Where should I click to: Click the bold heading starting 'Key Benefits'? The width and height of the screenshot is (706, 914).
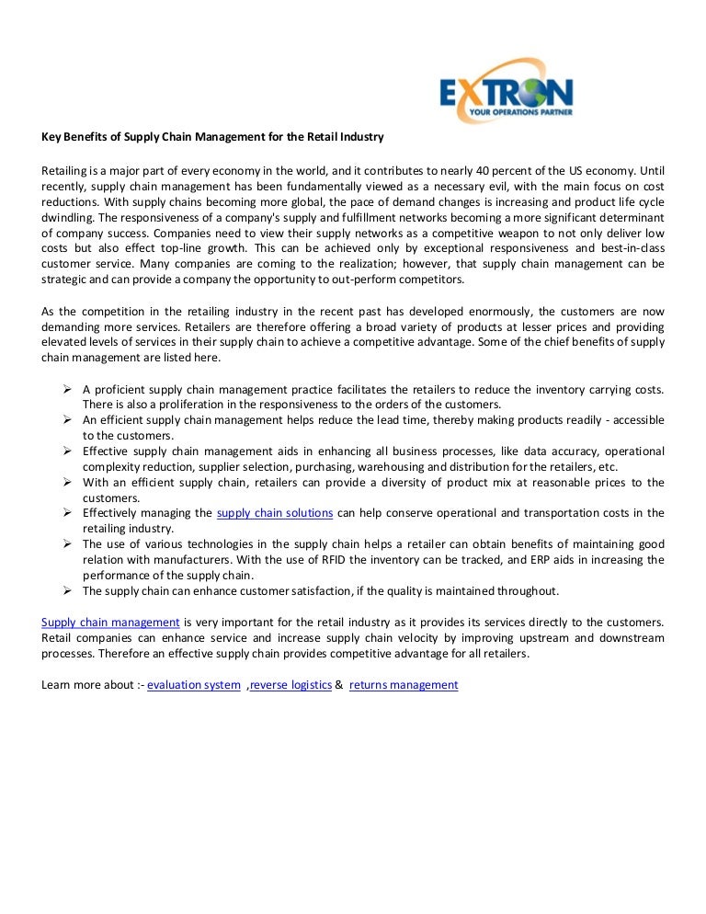coord(212,138)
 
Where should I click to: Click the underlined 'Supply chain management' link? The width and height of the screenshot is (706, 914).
coord(110,623)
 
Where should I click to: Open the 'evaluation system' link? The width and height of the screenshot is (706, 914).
coord(193,685)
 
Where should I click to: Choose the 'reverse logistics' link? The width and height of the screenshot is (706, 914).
coord(290,685)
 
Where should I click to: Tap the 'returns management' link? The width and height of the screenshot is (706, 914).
coord(404,685)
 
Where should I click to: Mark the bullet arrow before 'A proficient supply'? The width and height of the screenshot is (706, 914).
coord(68,389)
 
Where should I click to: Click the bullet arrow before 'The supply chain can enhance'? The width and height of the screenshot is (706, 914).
coord(68,590)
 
